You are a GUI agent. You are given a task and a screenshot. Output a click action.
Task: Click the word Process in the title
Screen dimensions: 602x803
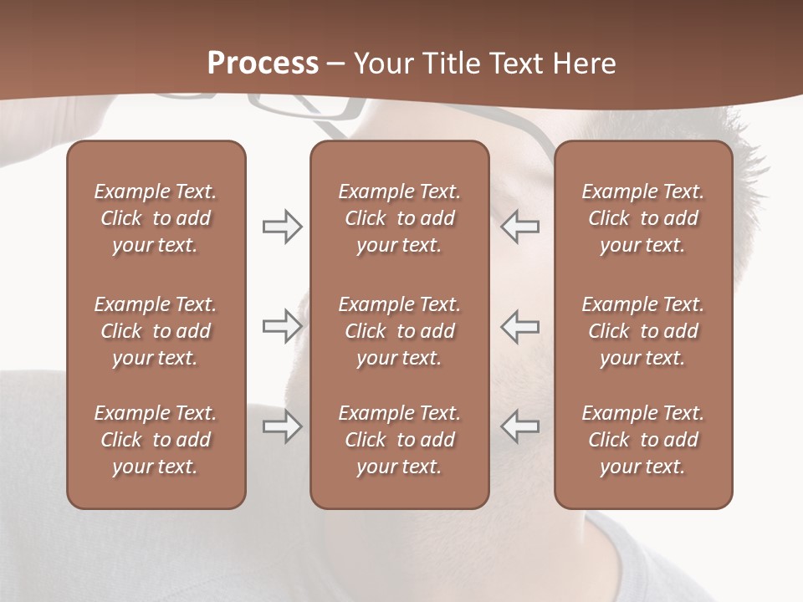(263, 63)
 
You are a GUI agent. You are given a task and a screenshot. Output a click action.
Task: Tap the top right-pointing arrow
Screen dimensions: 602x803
(282, 227)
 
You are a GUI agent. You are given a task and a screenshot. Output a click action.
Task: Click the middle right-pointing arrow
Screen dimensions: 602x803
(282, 327)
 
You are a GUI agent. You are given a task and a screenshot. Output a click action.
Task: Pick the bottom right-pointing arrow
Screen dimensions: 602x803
(282, 426)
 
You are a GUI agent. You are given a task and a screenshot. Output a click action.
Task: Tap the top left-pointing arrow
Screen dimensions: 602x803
(520, 227)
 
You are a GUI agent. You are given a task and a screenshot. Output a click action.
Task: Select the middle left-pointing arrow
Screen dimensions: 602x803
(520, 327)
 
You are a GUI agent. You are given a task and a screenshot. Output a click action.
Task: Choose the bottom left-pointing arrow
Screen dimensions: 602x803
(520, 426)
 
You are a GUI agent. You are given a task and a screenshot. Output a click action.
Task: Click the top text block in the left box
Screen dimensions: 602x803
(156, 218)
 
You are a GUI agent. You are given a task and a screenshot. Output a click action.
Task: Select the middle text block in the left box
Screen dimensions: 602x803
(156, 331)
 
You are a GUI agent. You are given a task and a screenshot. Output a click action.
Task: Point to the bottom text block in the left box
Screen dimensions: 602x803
(156, 440)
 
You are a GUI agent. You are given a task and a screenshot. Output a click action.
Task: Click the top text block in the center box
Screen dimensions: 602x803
(399, 218)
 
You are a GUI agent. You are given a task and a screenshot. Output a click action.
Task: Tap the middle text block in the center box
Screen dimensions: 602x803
(399, 331)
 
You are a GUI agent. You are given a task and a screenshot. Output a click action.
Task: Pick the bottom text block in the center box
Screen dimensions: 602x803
(399, 440)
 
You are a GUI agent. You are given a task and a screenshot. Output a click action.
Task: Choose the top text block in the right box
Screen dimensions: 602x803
(642, 218)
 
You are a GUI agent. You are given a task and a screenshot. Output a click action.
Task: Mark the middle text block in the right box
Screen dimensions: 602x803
(642, 331)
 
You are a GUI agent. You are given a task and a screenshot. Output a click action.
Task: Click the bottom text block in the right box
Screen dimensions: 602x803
(642, 440)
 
